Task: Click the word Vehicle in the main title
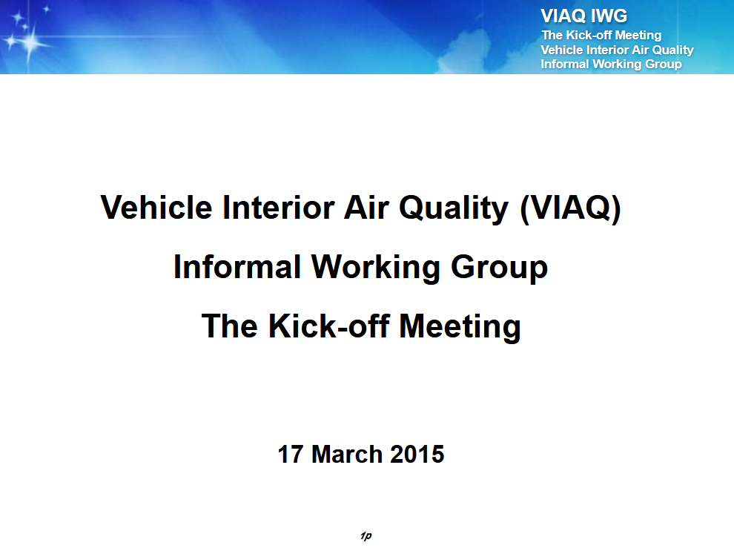coord(156,207)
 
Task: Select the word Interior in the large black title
coord(278,207)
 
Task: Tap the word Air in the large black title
coord(366,207)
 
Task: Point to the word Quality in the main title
coord(454,209)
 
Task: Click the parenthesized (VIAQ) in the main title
coord(569,209)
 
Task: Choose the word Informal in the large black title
coord(237,266)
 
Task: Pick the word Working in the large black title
coord(376,268)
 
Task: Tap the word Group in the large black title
coord(499,268)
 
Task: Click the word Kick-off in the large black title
coord(328,326)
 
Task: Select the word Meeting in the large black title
coord(460,327)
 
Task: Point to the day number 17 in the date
coord(290,454)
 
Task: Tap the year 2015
coord(417,454)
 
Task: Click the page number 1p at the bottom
coord(366,535)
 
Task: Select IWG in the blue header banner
coord(609,16)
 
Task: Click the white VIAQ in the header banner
coord(563,16)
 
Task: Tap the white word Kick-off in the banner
coord(589,35)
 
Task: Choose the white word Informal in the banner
coord(565,64)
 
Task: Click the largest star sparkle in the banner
coord(29,43)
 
